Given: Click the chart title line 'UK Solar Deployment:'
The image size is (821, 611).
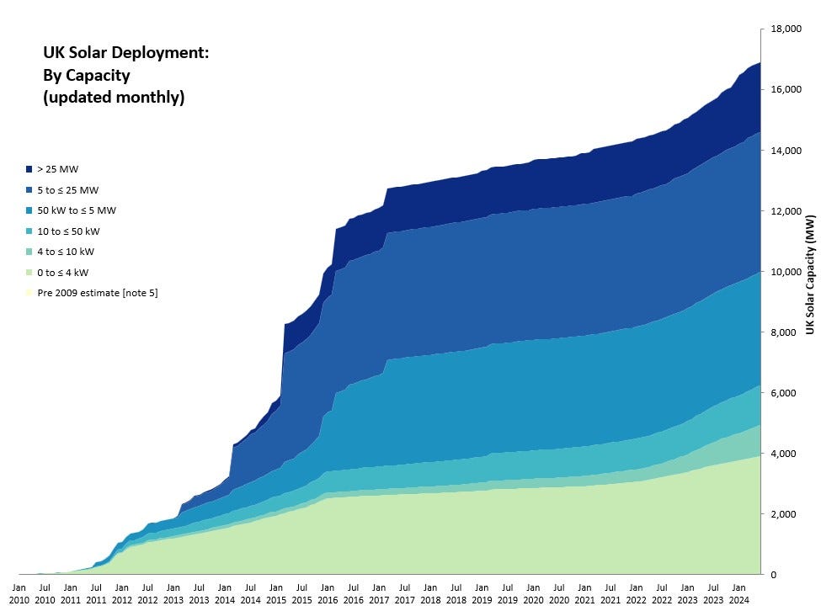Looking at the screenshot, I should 125,53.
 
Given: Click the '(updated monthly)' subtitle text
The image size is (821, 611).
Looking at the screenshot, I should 114,97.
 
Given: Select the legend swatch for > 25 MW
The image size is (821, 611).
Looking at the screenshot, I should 29,169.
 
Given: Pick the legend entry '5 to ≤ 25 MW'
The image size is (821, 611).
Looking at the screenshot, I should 68,190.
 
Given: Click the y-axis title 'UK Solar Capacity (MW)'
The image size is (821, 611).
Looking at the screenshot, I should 810,275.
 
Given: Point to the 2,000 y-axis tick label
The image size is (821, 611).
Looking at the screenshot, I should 786,514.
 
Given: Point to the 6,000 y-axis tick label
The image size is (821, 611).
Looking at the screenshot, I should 786,393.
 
